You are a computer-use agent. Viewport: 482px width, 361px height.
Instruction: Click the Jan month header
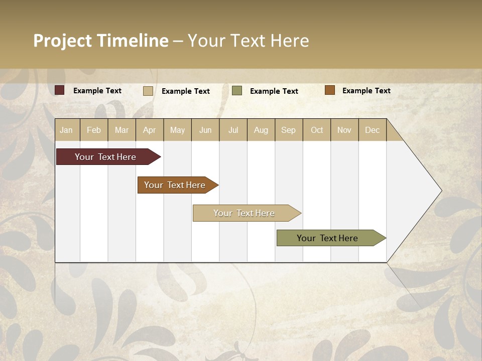coord(66,130)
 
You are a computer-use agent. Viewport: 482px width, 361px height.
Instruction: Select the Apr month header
coord(149,130)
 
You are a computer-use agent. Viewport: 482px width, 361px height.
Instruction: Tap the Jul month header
coord(233,130)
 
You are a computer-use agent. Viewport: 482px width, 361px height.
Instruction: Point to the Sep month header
coord(288,130)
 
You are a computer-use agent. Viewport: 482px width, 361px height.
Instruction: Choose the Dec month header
coord(372,130)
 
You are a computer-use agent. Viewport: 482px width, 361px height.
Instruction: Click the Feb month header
coord(94,130)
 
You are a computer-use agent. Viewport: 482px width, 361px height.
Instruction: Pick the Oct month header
coord(317,130)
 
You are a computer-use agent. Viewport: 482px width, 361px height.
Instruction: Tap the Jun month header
coord(205,130)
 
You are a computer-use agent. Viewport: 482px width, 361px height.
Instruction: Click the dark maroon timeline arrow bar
coord(105,157)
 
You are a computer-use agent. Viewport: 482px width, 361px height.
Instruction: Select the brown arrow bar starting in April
coord(175,185)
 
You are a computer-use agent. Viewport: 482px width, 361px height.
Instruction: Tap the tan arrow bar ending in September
coord(244,213)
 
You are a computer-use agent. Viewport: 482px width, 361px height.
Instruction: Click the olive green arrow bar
coord(327,238)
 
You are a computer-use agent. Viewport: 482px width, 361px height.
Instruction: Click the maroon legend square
coord(60,90)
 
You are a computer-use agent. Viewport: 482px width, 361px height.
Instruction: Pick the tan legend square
coord(148,91)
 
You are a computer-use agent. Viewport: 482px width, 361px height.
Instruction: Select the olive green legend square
coord(237,91)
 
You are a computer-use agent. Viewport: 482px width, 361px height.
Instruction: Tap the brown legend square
coord(330,90)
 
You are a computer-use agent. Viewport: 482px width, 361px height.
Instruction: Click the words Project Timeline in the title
coord(100,41)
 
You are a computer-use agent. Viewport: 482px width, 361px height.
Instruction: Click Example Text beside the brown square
coord(366,91)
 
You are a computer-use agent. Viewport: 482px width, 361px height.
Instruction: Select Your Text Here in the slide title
coord(249,41)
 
